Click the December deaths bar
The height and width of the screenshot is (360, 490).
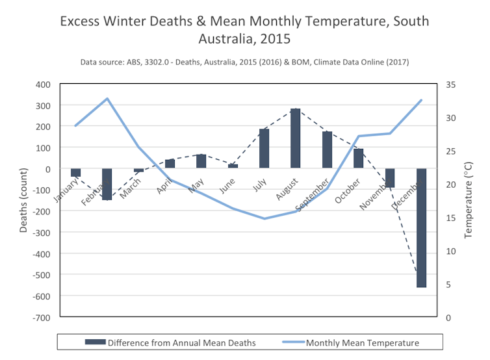421,227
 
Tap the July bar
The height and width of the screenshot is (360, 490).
264,149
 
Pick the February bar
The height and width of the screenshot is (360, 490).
107,184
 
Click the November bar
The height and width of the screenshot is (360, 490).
390,178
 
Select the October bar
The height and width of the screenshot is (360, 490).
358,159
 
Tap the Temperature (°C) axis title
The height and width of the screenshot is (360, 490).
469,201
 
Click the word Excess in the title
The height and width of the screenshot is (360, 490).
81,21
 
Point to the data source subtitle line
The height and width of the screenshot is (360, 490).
244,62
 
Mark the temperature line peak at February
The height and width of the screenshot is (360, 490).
107,99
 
